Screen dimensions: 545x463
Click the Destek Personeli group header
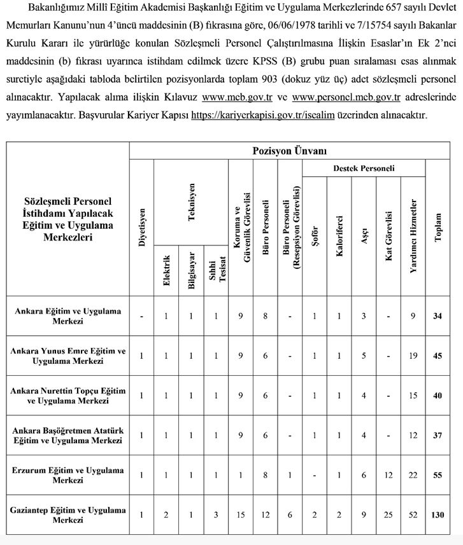pos(364,169)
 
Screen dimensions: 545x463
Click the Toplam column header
pos(438,227)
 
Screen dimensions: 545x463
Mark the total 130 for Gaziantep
pos(437,514)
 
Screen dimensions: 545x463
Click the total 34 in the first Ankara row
pos(437,316)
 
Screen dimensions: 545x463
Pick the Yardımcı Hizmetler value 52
pos(413,514)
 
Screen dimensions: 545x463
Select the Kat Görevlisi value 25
pos(388,514)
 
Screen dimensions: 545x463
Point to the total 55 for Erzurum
pos(437,475)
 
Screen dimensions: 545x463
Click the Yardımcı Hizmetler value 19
pos(413,356)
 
